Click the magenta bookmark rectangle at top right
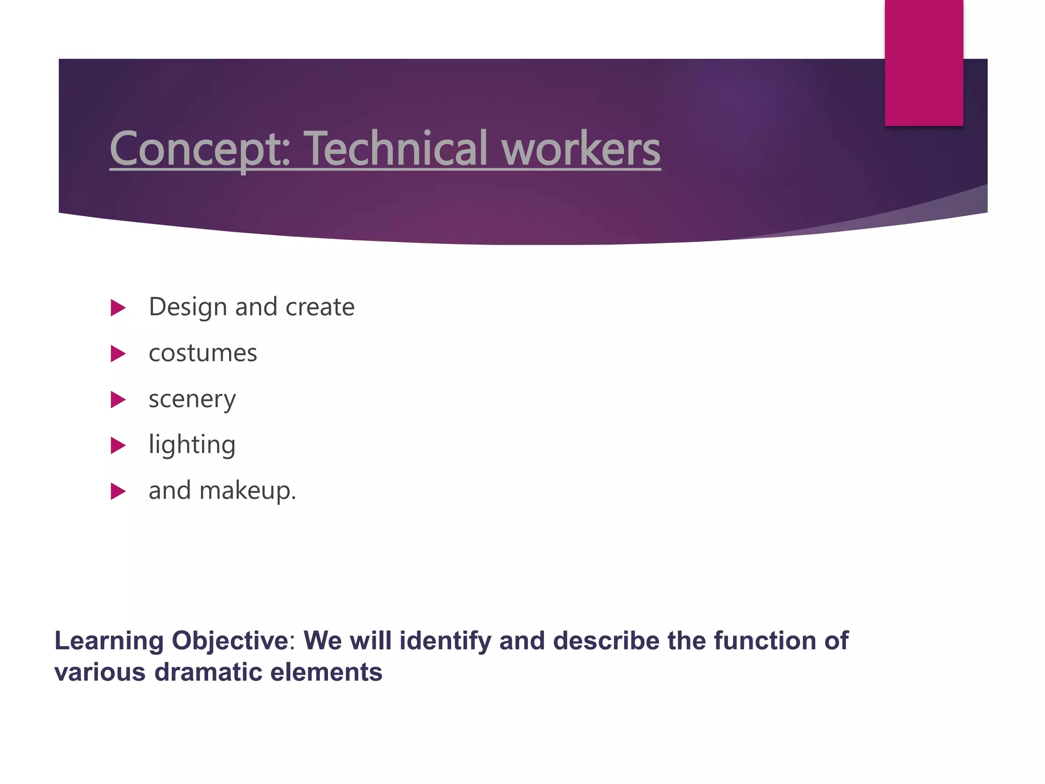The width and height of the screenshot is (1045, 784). (924, 62)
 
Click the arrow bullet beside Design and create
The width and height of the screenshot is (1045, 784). (118, 308)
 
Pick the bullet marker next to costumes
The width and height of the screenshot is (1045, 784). (118, 354)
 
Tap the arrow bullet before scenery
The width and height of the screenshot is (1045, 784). (118, 400)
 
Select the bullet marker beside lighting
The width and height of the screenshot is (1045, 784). (118, 446)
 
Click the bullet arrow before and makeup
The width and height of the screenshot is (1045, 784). (118, 492)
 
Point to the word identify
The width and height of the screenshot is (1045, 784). (445, 641)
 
